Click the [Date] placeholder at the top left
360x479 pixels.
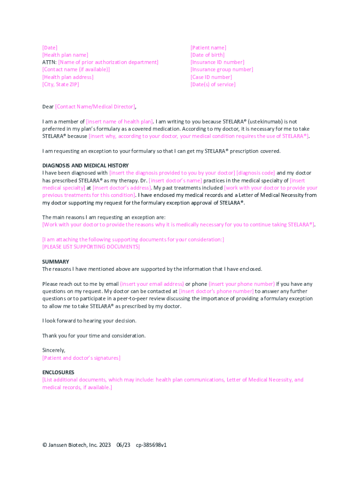point(50,48)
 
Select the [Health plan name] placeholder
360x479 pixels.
point(65,55)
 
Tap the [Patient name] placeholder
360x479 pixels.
point(208,48)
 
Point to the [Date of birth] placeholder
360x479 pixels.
point(207,55)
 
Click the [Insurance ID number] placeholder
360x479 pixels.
point(217,62)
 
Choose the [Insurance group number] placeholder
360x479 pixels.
point(222,70)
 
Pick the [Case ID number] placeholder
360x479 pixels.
point(211,77)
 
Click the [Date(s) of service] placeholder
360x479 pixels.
point(213,85)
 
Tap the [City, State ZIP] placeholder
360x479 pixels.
point(60,85)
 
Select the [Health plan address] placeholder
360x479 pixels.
point(68,77)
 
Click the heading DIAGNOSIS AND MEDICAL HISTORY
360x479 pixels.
point(86,166)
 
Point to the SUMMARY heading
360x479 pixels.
point(56,262)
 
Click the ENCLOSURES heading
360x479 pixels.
point(58,372)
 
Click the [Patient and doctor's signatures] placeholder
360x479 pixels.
point(81,358)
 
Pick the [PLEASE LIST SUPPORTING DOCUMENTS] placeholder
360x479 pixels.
point(91,247)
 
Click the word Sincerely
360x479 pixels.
point(54,350)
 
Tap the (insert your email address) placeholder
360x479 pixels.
point(152,284)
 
